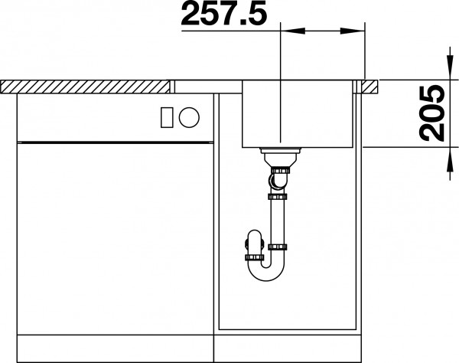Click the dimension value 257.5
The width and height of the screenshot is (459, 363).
[x=224, y=13]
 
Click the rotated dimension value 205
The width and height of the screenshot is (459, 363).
[x=431, y=113]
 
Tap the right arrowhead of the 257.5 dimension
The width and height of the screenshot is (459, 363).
[x=353, y=31]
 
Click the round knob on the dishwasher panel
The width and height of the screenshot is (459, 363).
[x=189, y=117]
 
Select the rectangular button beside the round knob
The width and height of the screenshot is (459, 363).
[x=167, y=117]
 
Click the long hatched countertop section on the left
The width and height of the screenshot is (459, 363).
[x=85, y=87]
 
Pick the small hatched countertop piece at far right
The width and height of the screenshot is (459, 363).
[x=370, y=87]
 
